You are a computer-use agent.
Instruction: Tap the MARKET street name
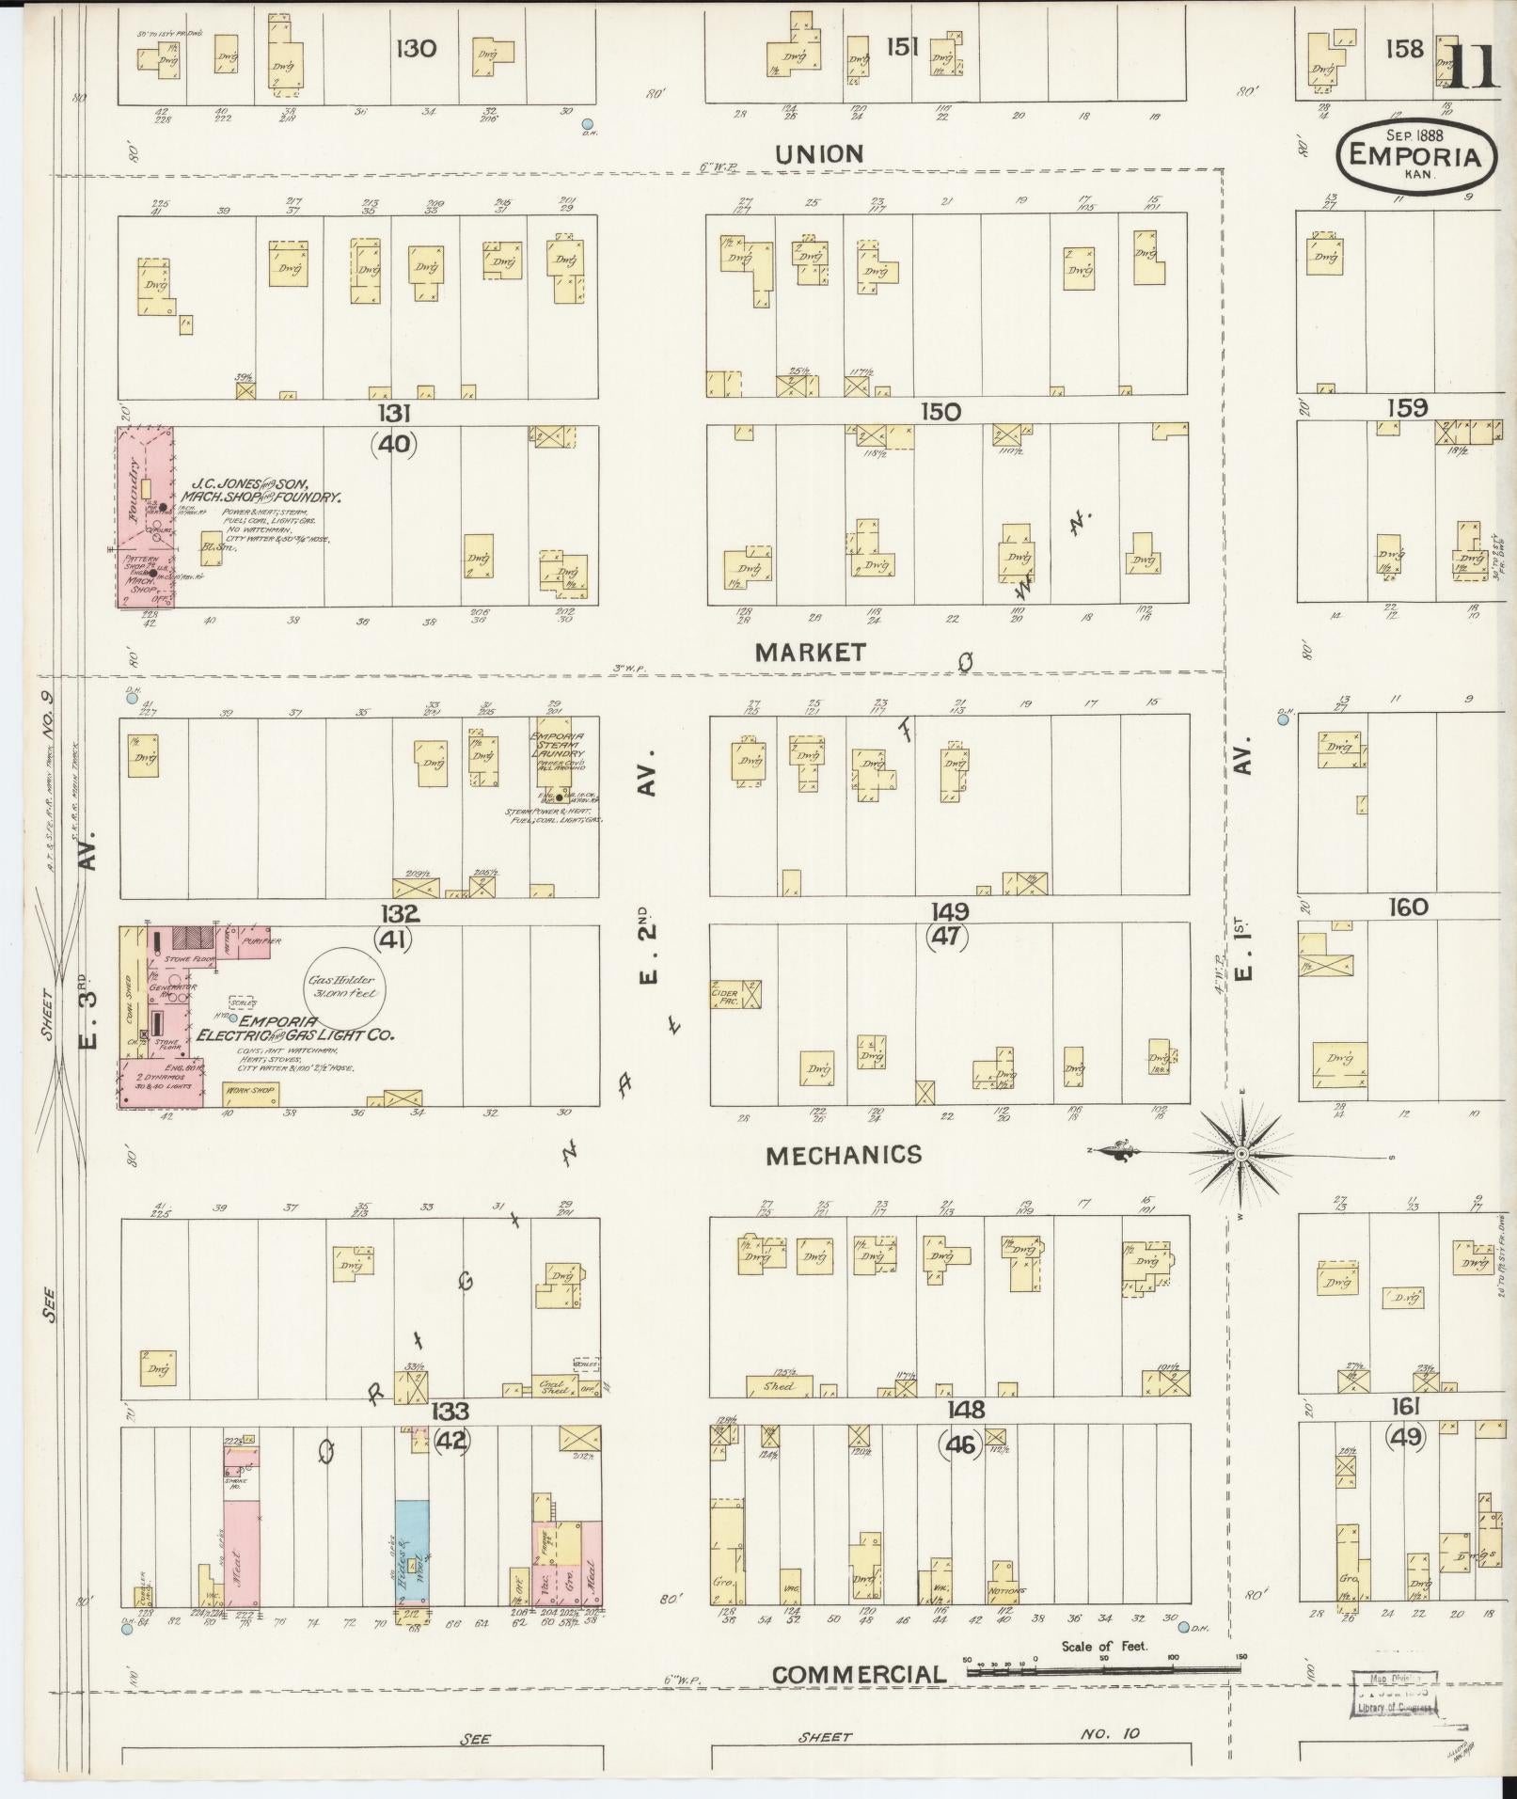click(x=809, y=652)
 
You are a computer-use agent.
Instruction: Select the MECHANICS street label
click(x=843, y=1155)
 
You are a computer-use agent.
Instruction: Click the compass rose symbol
click(x=1240, y=1153)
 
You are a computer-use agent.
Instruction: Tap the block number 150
click(x=940, y=411)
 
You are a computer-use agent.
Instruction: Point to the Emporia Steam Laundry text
click(x=558, y=744)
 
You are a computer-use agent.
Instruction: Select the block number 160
click(x=1407, y=907)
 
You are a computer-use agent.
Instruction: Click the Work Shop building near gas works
click(x=250, y=1094)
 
